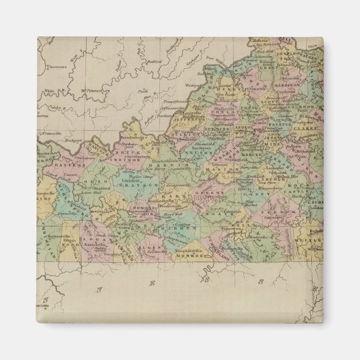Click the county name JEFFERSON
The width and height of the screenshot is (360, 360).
(178, 119)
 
